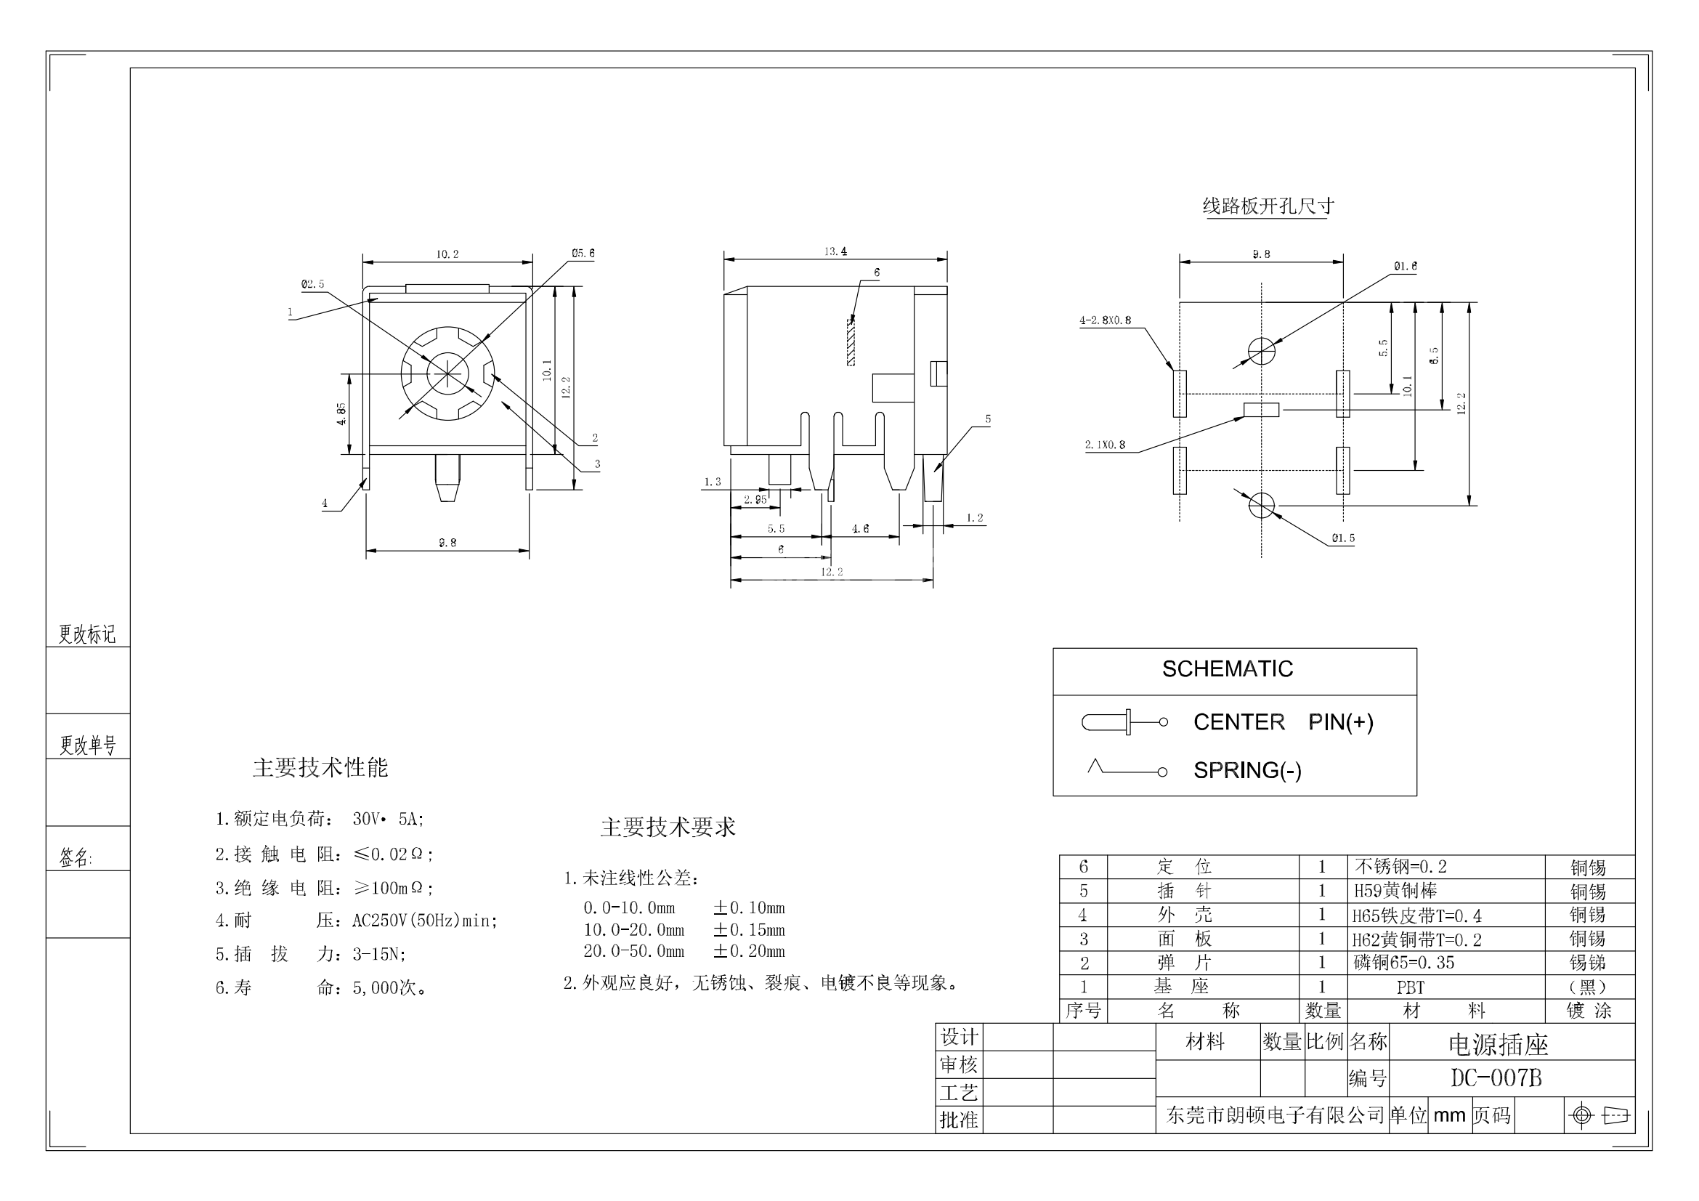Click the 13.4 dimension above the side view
[x=835, y=251]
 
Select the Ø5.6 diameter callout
[x=583, y=253]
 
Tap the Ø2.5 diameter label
[x=312, y=284]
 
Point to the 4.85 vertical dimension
[x=341, y=413]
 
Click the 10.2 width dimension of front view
[x=447, y=254]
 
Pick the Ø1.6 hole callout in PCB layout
[x=1406, y=267]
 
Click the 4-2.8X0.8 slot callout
[x=1105, y=320]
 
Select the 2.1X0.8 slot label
[x=1105, y=445]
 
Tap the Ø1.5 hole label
[x=1343, y=538]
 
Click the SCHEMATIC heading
[x=1227, y=669]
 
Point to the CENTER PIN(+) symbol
[x=1124, y=721]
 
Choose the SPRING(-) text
[x=1247, y=770]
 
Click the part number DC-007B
[x=1496, y=1078]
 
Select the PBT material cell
[x=1411, y=987]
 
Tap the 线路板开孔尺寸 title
[x=1268, y=206]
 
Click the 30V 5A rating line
[x=319, y=818]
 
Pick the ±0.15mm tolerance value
[x=748, y=929]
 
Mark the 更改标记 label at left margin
[x=87, y=634]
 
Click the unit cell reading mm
[x=1449, y=1115]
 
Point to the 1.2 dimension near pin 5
[x=975, y=518]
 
